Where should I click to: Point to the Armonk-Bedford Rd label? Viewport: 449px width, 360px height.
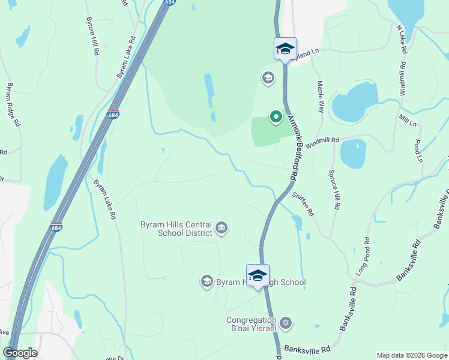pos(292,148)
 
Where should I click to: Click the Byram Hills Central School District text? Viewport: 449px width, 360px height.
pos(176,228)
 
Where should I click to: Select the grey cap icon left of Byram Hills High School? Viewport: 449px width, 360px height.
pos(207,281)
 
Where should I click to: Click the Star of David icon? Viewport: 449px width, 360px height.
pos(286,323)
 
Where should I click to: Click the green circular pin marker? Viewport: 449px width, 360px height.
pos(276,116)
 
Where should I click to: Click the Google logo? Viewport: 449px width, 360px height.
pos(20,353)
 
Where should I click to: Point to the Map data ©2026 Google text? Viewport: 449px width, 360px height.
pos(411,355)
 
